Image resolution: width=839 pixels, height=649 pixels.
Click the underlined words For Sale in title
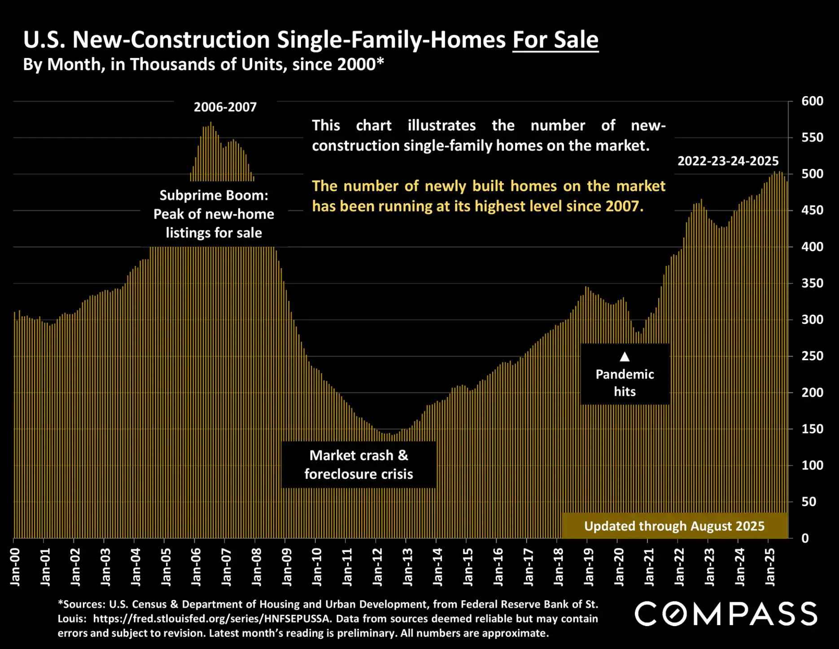[555, 40]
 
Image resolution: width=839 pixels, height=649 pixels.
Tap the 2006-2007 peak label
[225, 107]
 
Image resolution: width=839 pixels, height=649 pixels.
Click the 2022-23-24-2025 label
[728, 161]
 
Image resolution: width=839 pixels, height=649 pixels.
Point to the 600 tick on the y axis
[812, 101]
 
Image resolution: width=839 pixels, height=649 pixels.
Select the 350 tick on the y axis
[812, 283]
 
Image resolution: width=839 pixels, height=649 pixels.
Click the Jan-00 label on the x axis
[15, 567]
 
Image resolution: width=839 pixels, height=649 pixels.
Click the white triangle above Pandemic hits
[625, 357]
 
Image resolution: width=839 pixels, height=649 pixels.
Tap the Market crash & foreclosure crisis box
[358, 465]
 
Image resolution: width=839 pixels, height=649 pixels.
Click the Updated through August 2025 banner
[674, 526]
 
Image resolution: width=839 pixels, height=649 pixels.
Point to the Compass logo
[725, 614]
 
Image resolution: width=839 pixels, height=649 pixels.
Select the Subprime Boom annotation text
[214, 214]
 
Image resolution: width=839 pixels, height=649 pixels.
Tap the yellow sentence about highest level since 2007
[488, 196]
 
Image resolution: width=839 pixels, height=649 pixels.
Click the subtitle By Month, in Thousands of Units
[203, 65]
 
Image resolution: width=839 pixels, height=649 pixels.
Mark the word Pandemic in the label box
[625, 375]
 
